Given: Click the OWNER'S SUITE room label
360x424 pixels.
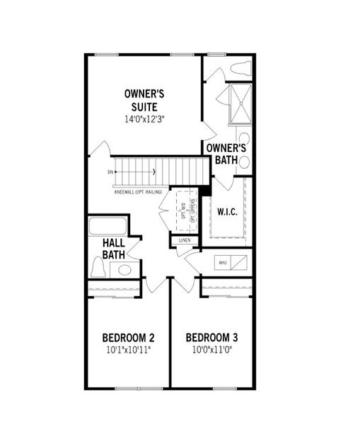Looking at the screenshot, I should (x=145, y=100).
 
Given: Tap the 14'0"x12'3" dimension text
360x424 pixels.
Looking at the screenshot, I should (x=145, y=117).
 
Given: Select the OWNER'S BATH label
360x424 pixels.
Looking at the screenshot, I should (x=226, y=154).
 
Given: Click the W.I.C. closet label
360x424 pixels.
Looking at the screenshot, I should (x=227, y=211).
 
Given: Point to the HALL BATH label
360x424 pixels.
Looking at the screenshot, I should (x=114, y=249).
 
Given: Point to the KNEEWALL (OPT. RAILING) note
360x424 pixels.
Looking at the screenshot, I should (x=138, y=192).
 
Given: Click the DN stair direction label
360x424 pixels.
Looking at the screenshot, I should (x=110, y=172).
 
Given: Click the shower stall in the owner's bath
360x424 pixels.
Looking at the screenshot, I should (x=238, y=103).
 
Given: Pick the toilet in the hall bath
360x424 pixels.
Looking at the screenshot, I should (x=99, y=267).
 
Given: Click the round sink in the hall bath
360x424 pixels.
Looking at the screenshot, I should (x=124, y=269).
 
